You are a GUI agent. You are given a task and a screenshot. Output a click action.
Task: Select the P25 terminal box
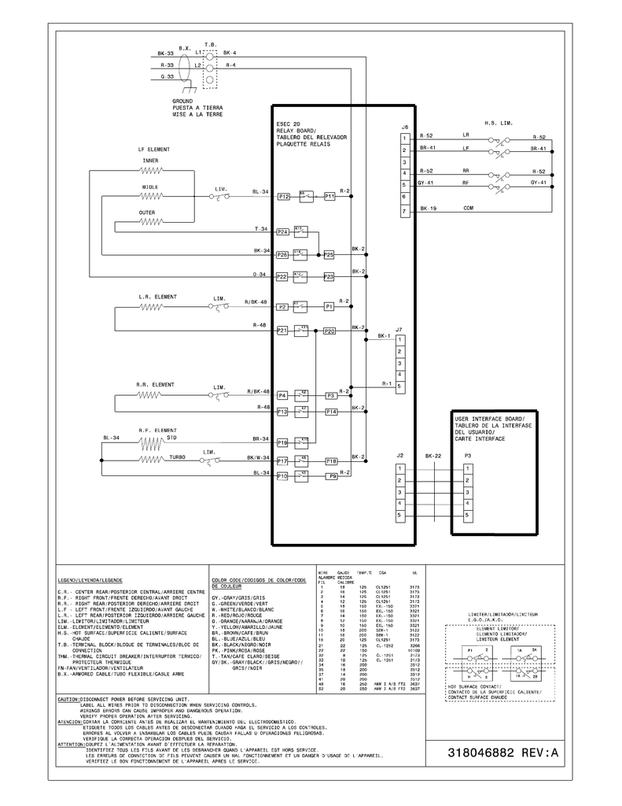point(329,255)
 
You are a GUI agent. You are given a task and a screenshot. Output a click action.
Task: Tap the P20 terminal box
point(329,331)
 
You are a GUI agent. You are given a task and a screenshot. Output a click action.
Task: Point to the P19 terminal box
point(282,443)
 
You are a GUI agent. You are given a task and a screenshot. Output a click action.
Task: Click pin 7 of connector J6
point(403,212)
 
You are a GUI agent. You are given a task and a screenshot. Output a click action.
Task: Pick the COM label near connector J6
point(468,209)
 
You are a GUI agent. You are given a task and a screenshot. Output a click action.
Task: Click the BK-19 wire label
point(428,209)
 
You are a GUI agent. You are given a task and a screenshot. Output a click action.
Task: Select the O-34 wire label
point(259,274)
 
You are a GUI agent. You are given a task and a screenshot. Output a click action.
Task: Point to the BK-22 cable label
point(432,456)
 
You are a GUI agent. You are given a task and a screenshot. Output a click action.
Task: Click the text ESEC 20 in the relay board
point(289,124)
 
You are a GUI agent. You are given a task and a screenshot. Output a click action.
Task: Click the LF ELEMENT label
point(153,149)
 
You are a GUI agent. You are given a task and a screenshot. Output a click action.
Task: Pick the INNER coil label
point(150,161)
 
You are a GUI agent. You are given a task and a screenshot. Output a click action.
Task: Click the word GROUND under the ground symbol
point(182,102)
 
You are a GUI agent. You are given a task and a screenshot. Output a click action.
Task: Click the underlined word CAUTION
point(68,677)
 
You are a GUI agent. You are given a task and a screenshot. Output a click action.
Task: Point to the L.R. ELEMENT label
point(157,297)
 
